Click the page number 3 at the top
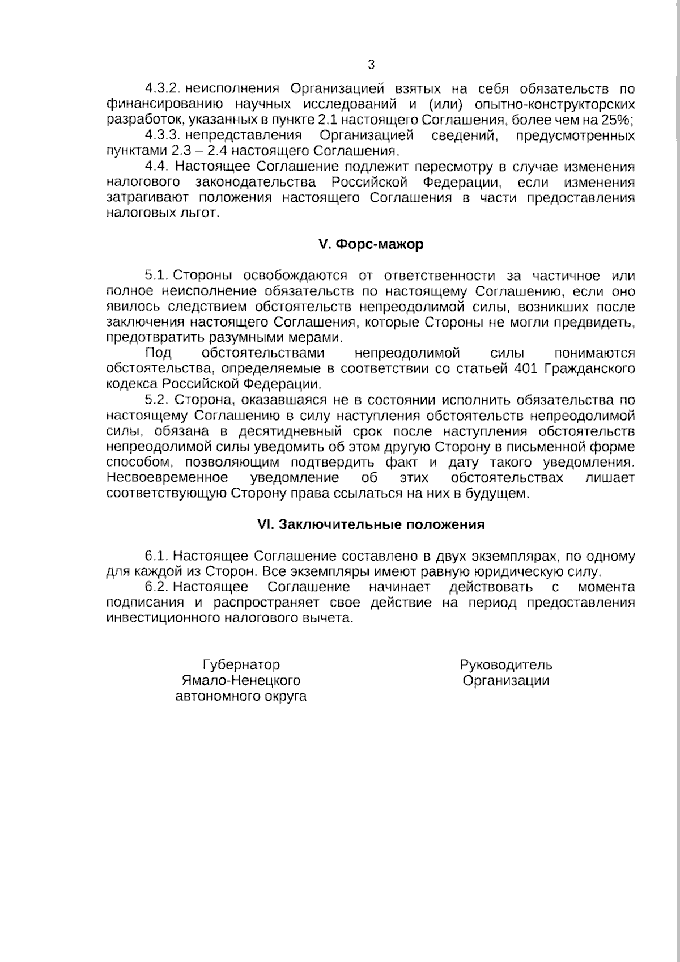(371, 65)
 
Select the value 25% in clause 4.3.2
(619, 120)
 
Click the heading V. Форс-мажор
(371, 245)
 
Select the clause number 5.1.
(156, 276)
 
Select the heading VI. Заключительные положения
(371, 524)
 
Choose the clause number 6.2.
(157, 587)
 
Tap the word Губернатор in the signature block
(241, 665)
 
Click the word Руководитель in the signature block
(506, 665)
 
